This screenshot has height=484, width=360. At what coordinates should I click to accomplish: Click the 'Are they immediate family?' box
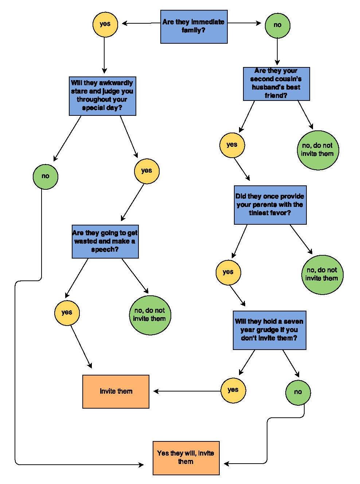(194, 27)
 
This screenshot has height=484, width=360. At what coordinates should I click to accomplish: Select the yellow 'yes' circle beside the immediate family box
(105, 24)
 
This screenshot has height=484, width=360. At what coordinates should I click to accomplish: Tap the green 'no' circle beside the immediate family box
(278, 25)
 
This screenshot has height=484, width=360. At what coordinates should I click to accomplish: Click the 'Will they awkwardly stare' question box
(102, 96)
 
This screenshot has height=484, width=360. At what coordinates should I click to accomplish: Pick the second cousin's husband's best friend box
(277, 84)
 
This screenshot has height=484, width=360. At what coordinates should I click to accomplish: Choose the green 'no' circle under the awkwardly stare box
(46, 177)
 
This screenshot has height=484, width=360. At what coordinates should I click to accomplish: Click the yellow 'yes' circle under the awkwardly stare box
(147, 171)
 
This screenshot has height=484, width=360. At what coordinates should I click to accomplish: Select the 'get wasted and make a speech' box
(105, 241)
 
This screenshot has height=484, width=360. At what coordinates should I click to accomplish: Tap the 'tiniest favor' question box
(270, 205)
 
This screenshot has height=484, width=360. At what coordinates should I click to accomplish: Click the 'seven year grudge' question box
(270, 330)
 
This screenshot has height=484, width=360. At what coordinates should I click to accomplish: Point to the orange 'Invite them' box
(116, 391)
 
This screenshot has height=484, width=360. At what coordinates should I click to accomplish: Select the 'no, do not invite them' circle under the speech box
(150, 315)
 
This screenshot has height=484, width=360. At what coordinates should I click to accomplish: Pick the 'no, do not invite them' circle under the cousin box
(318, 150)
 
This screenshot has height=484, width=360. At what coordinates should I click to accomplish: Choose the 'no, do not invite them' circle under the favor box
(322, 275)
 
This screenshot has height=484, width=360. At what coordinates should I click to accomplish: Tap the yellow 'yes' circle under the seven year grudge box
(233, 390)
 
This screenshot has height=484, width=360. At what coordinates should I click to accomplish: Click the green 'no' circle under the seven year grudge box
(298, 393)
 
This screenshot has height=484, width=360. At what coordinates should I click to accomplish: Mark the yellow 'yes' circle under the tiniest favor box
(228, 272)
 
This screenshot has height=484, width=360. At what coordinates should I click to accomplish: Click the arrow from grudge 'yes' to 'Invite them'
(187, 391)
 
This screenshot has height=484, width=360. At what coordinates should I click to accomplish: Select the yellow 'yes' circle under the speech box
(67, 313)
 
